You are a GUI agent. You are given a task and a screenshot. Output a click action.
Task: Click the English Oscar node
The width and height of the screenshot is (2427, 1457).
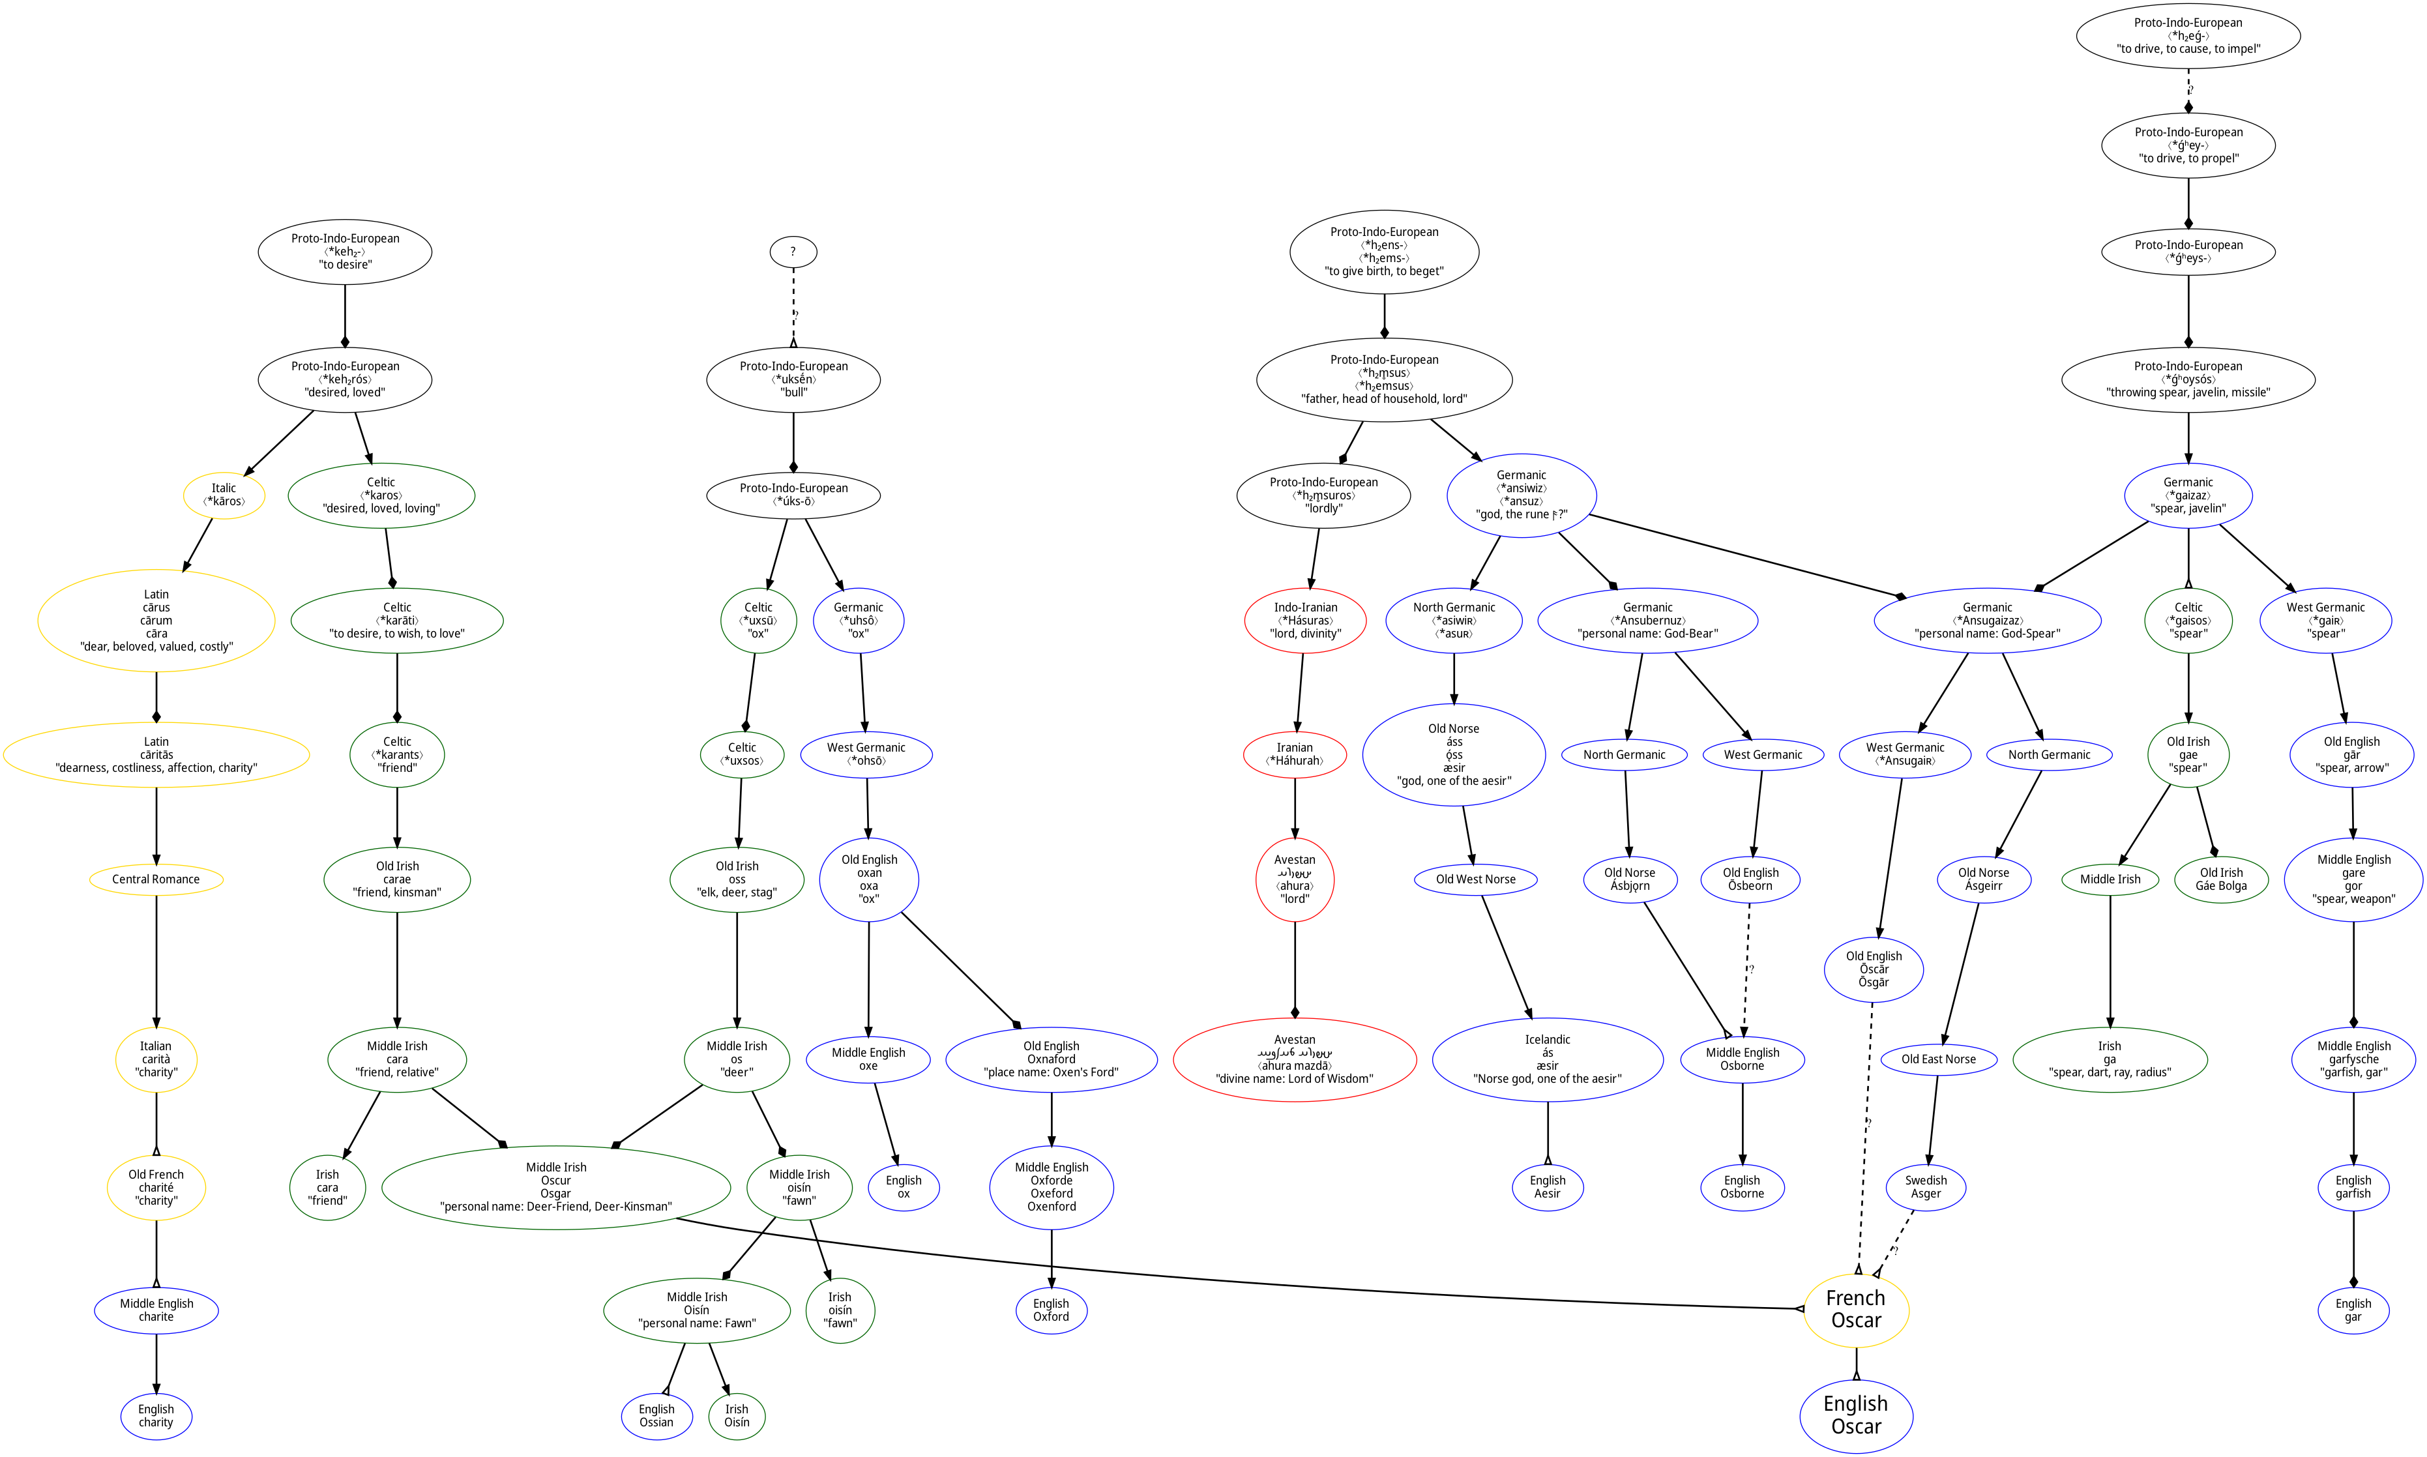point(1855,1415)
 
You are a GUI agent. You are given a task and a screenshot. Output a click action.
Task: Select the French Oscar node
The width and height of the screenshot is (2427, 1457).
point(1855,1310)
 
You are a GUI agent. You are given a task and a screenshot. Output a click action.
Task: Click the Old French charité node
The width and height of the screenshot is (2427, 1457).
point(156,1187)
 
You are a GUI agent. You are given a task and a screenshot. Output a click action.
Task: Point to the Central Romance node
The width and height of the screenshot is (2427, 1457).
point(156,879)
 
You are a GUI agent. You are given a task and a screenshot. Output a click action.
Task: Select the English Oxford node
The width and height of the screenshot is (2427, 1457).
point(1050,1310)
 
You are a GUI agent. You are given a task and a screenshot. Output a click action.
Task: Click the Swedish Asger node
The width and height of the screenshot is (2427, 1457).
point(1925,1187)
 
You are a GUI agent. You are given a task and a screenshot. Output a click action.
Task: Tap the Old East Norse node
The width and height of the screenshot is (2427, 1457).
point(1938,1059)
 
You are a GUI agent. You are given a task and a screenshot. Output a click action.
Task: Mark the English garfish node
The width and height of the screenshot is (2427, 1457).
point(2353,1187)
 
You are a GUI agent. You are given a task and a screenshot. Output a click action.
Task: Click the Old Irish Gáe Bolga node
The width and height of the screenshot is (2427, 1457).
point(2221,879)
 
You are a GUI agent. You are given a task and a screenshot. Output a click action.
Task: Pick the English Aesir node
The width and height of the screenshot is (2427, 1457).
point(1548,1187)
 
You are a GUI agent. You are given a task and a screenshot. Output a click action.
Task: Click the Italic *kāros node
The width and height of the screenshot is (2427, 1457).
point(224,495)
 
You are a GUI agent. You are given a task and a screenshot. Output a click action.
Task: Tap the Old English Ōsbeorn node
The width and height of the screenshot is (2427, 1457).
point(1750,879)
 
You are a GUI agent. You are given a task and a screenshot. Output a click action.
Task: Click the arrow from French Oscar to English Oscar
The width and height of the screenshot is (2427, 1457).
point(1855,1364)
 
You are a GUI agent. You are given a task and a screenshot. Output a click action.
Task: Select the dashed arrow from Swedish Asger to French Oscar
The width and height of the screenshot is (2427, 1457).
point(1897,1243)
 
